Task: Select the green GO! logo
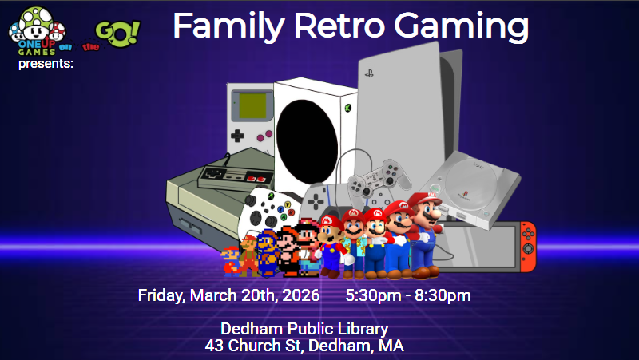coord(117,33)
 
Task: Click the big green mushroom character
coord(27,19)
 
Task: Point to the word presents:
coord(46,63)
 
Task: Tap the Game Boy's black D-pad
coord(238,136)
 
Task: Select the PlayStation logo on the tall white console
coord(370,73)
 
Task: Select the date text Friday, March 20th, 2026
coord(228,295)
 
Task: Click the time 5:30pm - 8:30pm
coord(408,295)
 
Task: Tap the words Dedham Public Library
coord(304,328)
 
